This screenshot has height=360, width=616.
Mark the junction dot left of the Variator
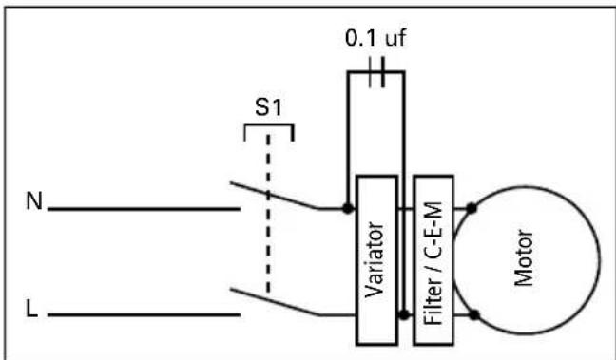point(348,205)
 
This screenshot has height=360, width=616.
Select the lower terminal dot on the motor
point(472,313)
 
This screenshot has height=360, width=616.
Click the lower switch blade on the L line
point(276,300)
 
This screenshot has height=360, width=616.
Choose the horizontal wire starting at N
point(143,207)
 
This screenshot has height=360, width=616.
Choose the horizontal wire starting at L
point(143,313)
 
